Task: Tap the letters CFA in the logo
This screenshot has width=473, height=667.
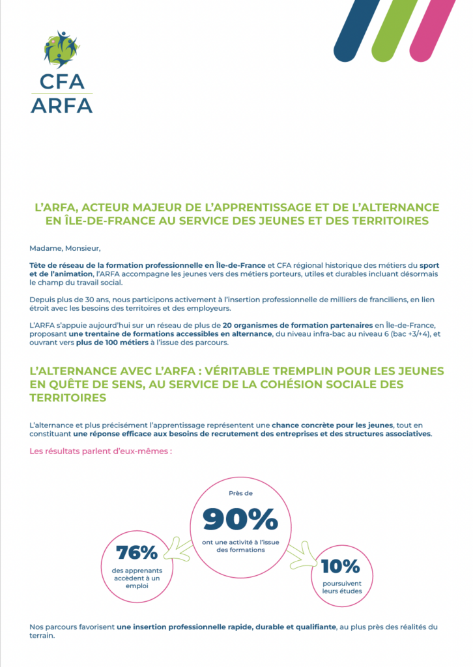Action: pos(61,82)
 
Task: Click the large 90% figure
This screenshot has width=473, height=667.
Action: pos(240,519)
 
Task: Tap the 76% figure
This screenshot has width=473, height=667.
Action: pos(137,553)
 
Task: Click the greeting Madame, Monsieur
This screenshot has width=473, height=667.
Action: pos(66,248)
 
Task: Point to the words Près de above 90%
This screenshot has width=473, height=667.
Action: pos(240,493)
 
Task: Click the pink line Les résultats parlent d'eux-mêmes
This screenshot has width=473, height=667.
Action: pos(101,451)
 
